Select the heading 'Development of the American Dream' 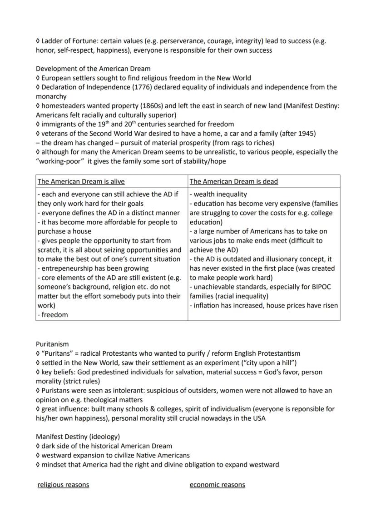pyautogui.click(x=93, y=69)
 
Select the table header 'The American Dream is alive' pyautogui.click(x=81, y=181)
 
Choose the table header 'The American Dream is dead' pyautogui.click(x=233, y=181)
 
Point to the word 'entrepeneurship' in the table pyautogui.click(x=67, y=268)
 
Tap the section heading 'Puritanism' pyautogui.click(x=52, y=344)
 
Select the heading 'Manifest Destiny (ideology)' pyautogui.click(x=78, y=437)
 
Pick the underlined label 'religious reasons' pyautogui.click(x=63, y=485)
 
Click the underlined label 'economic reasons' pyautogui.click(x=217, y=485)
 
